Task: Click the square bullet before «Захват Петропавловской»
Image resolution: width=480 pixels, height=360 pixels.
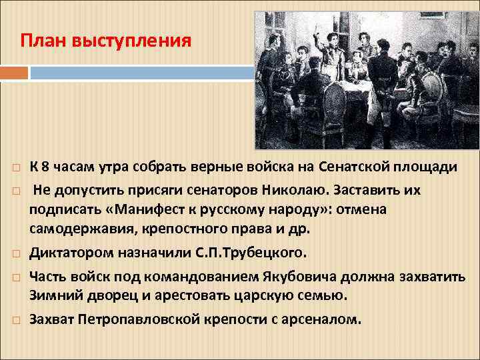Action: pos(16,320)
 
